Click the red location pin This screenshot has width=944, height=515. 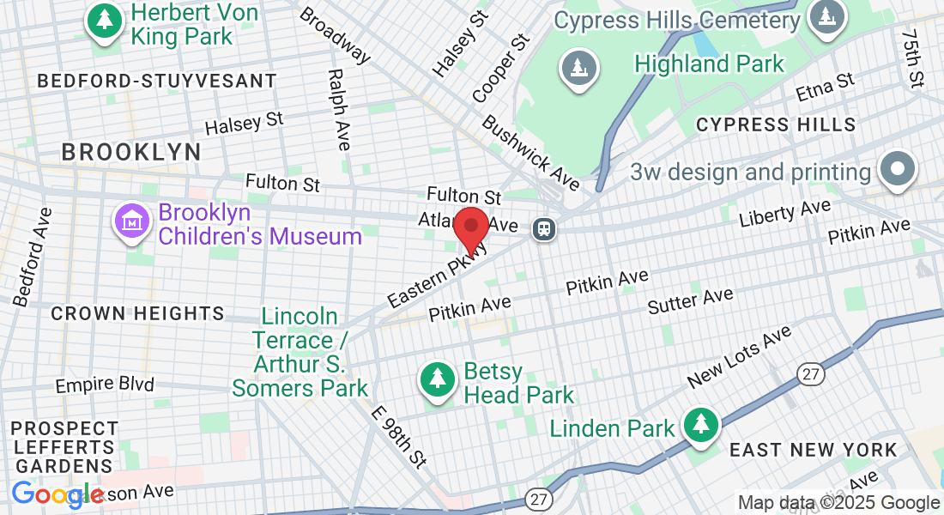[471, 228]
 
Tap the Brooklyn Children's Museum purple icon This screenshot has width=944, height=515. [134, 222]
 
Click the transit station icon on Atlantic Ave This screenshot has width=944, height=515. [543, 228]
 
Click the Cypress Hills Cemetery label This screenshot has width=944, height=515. [677, 19]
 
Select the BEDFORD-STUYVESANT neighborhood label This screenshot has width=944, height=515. [157, 82]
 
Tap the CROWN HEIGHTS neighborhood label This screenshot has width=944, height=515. [137, 314]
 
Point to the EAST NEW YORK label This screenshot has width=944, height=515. [813, 450]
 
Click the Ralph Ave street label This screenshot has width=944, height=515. [339, 110]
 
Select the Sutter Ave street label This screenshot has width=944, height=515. [690, 300]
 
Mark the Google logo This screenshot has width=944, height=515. [57, 494]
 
